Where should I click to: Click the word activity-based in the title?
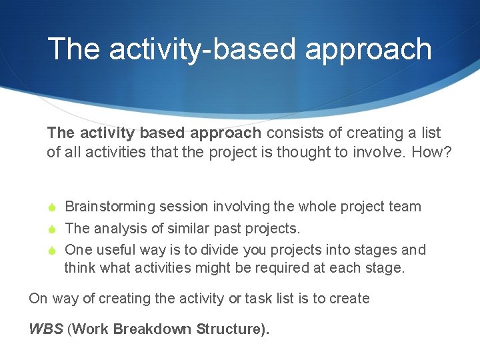pyautogui.click(x=192, y=50)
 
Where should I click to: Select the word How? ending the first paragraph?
pyautogui.click(x=431, y=152)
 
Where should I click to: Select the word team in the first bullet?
pyautogui.click(x=405, y=207)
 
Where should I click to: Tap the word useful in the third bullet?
pyautogui.click(x=118, y=250)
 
